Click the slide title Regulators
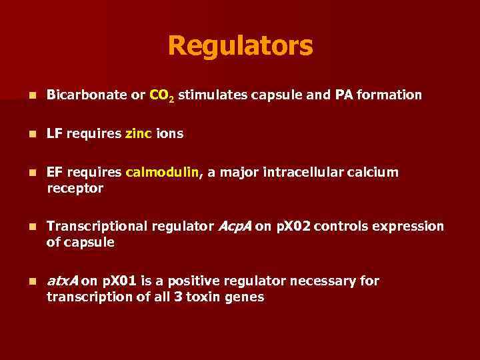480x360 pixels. click(x=240, y=46)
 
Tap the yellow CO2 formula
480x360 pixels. click(x=162, y=96)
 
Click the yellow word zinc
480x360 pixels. click(x=138, y=134)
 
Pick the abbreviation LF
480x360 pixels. click(x=54, y=134)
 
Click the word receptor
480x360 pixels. click(x=75, y=189)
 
